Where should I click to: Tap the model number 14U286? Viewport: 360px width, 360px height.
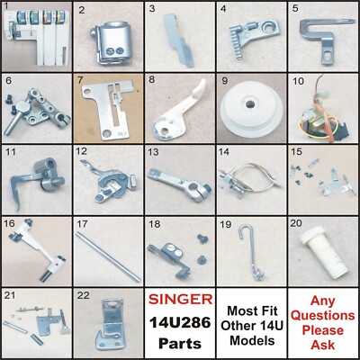tap(179, 321)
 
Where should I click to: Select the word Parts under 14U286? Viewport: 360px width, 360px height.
tap(179, 343)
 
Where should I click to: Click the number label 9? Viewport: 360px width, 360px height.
tap(223, 80)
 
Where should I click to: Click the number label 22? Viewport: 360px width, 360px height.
tap(84, 292)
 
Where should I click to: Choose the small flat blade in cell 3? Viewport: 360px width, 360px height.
tap(175, 40)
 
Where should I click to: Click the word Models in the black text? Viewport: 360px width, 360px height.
tap(250, 343)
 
